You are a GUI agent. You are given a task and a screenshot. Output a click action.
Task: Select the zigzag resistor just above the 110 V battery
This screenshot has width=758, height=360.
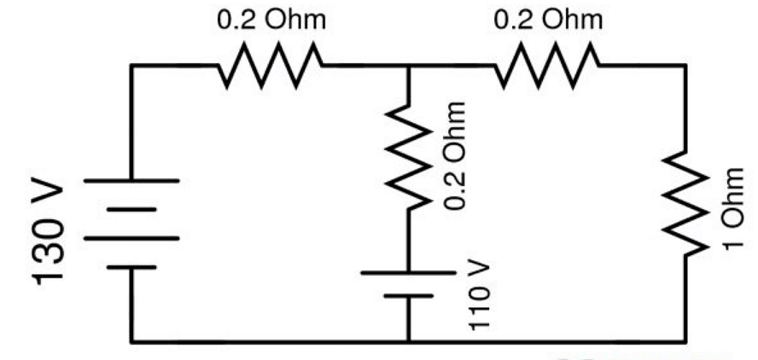(x=408, y=159)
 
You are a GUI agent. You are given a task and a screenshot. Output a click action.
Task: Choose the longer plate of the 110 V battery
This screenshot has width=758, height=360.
(x=408, y=273)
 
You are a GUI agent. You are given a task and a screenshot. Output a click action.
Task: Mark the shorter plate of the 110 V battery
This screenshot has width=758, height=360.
(x=408, y=296)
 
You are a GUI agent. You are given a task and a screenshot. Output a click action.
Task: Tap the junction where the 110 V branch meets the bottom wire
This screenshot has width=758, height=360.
(x=408, y=340)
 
